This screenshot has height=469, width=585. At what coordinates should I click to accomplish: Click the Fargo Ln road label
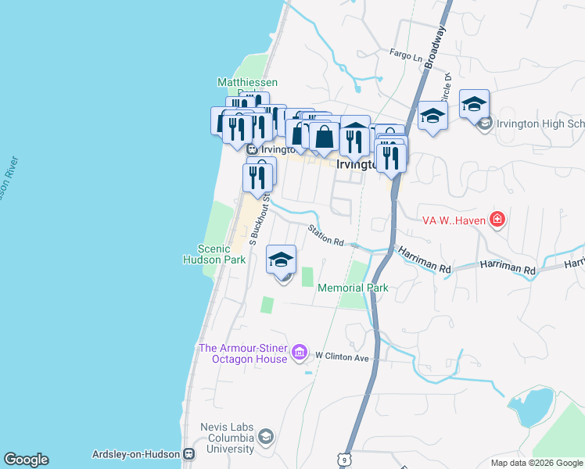tap(406, 53)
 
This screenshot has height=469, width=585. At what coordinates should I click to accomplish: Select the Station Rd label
tap(325, 235)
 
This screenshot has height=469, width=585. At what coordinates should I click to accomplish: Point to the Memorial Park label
tap(353, 288)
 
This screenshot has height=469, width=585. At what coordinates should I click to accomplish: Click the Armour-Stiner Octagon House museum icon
tap(299, 353)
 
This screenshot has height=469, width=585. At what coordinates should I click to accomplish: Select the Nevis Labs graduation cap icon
tap(266, 437)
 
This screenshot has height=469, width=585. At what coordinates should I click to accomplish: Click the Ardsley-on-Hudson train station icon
tap(188, 454)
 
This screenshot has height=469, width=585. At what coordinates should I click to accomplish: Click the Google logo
tap(26, 460)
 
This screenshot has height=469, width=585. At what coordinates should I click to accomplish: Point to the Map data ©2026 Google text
tap(537, 463)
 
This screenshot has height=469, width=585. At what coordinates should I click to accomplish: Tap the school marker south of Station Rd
tap(282, 260)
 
